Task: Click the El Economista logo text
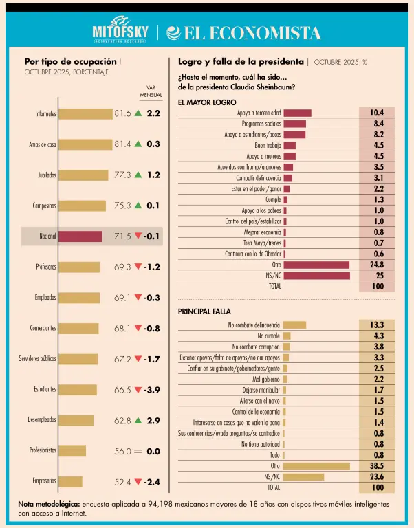244,33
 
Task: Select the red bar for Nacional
80,236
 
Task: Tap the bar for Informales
85,114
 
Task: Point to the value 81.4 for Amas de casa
122,144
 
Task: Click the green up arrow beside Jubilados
138,175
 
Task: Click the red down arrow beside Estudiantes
138,390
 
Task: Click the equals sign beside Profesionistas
138,451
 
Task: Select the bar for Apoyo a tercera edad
297,113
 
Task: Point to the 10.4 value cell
376,113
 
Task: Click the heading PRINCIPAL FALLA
203,311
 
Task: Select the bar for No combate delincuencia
294,324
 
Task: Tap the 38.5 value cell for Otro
376,465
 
